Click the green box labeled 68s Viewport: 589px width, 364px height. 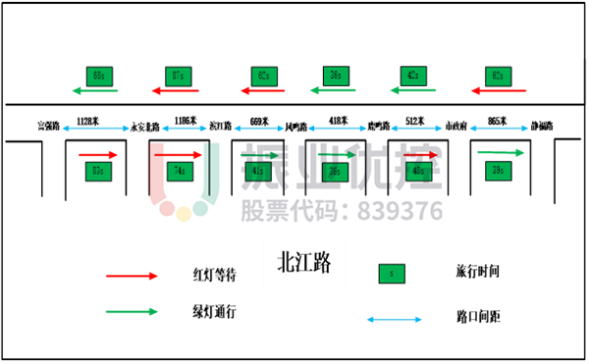[x=98, y=76]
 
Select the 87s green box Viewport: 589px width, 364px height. [x=178, y=76]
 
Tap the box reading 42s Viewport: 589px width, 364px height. [x=413, y=76]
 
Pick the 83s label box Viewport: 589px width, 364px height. [x=97, y=171]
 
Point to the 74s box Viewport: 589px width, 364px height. [x=180, y=171]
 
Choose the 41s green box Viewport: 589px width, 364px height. [x=258, y=171]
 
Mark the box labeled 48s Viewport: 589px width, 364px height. [x=419, y=171]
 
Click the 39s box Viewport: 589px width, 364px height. [x=498, y=171]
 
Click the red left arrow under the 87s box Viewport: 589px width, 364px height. [x=175, y=90]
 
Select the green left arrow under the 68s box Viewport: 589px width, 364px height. [x=94, y=90]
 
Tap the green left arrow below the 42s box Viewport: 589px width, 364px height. [x=412, y=90]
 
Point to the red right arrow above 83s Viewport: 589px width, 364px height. [x=98, y=155]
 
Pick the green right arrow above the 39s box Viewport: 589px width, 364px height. [x=501, y=153]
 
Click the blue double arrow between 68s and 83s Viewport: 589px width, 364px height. [x=96, y=128]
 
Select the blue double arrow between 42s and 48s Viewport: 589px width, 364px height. [x=416, y=128]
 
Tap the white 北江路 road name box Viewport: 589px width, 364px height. [x=303, y=263]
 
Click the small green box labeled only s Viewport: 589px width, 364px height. [x=392, y=274]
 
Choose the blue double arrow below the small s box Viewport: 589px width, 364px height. [x=394, y=319]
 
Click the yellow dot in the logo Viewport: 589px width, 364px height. [x=184, y=214]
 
